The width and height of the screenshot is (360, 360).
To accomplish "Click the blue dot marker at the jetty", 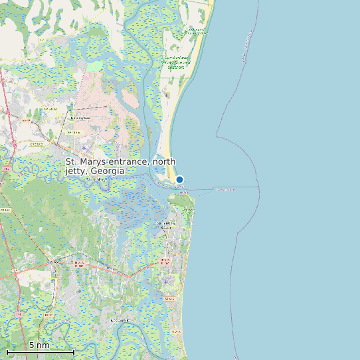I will tap(179, 179).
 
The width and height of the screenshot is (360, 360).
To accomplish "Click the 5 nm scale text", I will tap(39, 345).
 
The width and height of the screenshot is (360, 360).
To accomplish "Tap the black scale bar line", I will tap(40, 351).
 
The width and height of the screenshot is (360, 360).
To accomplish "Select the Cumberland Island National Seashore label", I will tap(175, 62).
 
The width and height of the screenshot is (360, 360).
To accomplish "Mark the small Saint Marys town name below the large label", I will tap(97, 179).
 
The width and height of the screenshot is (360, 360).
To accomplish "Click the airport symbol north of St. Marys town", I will tap(84, 147).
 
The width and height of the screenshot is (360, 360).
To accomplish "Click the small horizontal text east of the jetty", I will tap(225, 189).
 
